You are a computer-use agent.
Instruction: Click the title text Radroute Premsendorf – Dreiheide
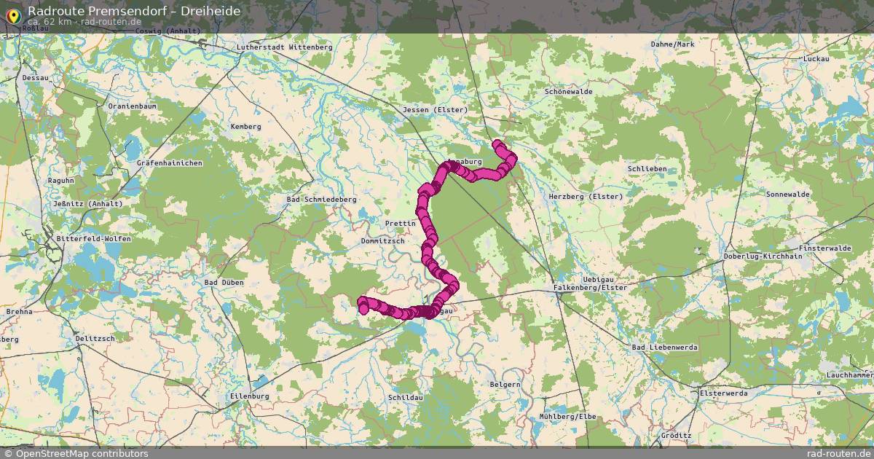[134, 11]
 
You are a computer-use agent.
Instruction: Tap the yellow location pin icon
[13, 15]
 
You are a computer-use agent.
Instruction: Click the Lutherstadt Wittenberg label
[284, 47]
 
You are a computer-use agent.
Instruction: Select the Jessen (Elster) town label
[435, 110]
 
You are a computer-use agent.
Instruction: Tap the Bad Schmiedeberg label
[321, 199]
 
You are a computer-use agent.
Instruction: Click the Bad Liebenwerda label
[665, 348]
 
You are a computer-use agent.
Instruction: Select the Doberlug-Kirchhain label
[763, 256]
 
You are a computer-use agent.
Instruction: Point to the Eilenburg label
[249, 396]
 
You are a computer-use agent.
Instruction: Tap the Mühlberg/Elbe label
[568, 416]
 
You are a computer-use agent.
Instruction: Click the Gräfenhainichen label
[169, 163]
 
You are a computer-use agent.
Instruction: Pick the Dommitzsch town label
[382, 240]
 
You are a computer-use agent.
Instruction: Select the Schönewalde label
[569, 92]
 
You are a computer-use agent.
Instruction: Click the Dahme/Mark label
[673, 44]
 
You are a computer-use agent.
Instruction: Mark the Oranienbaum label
[132, 106]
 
